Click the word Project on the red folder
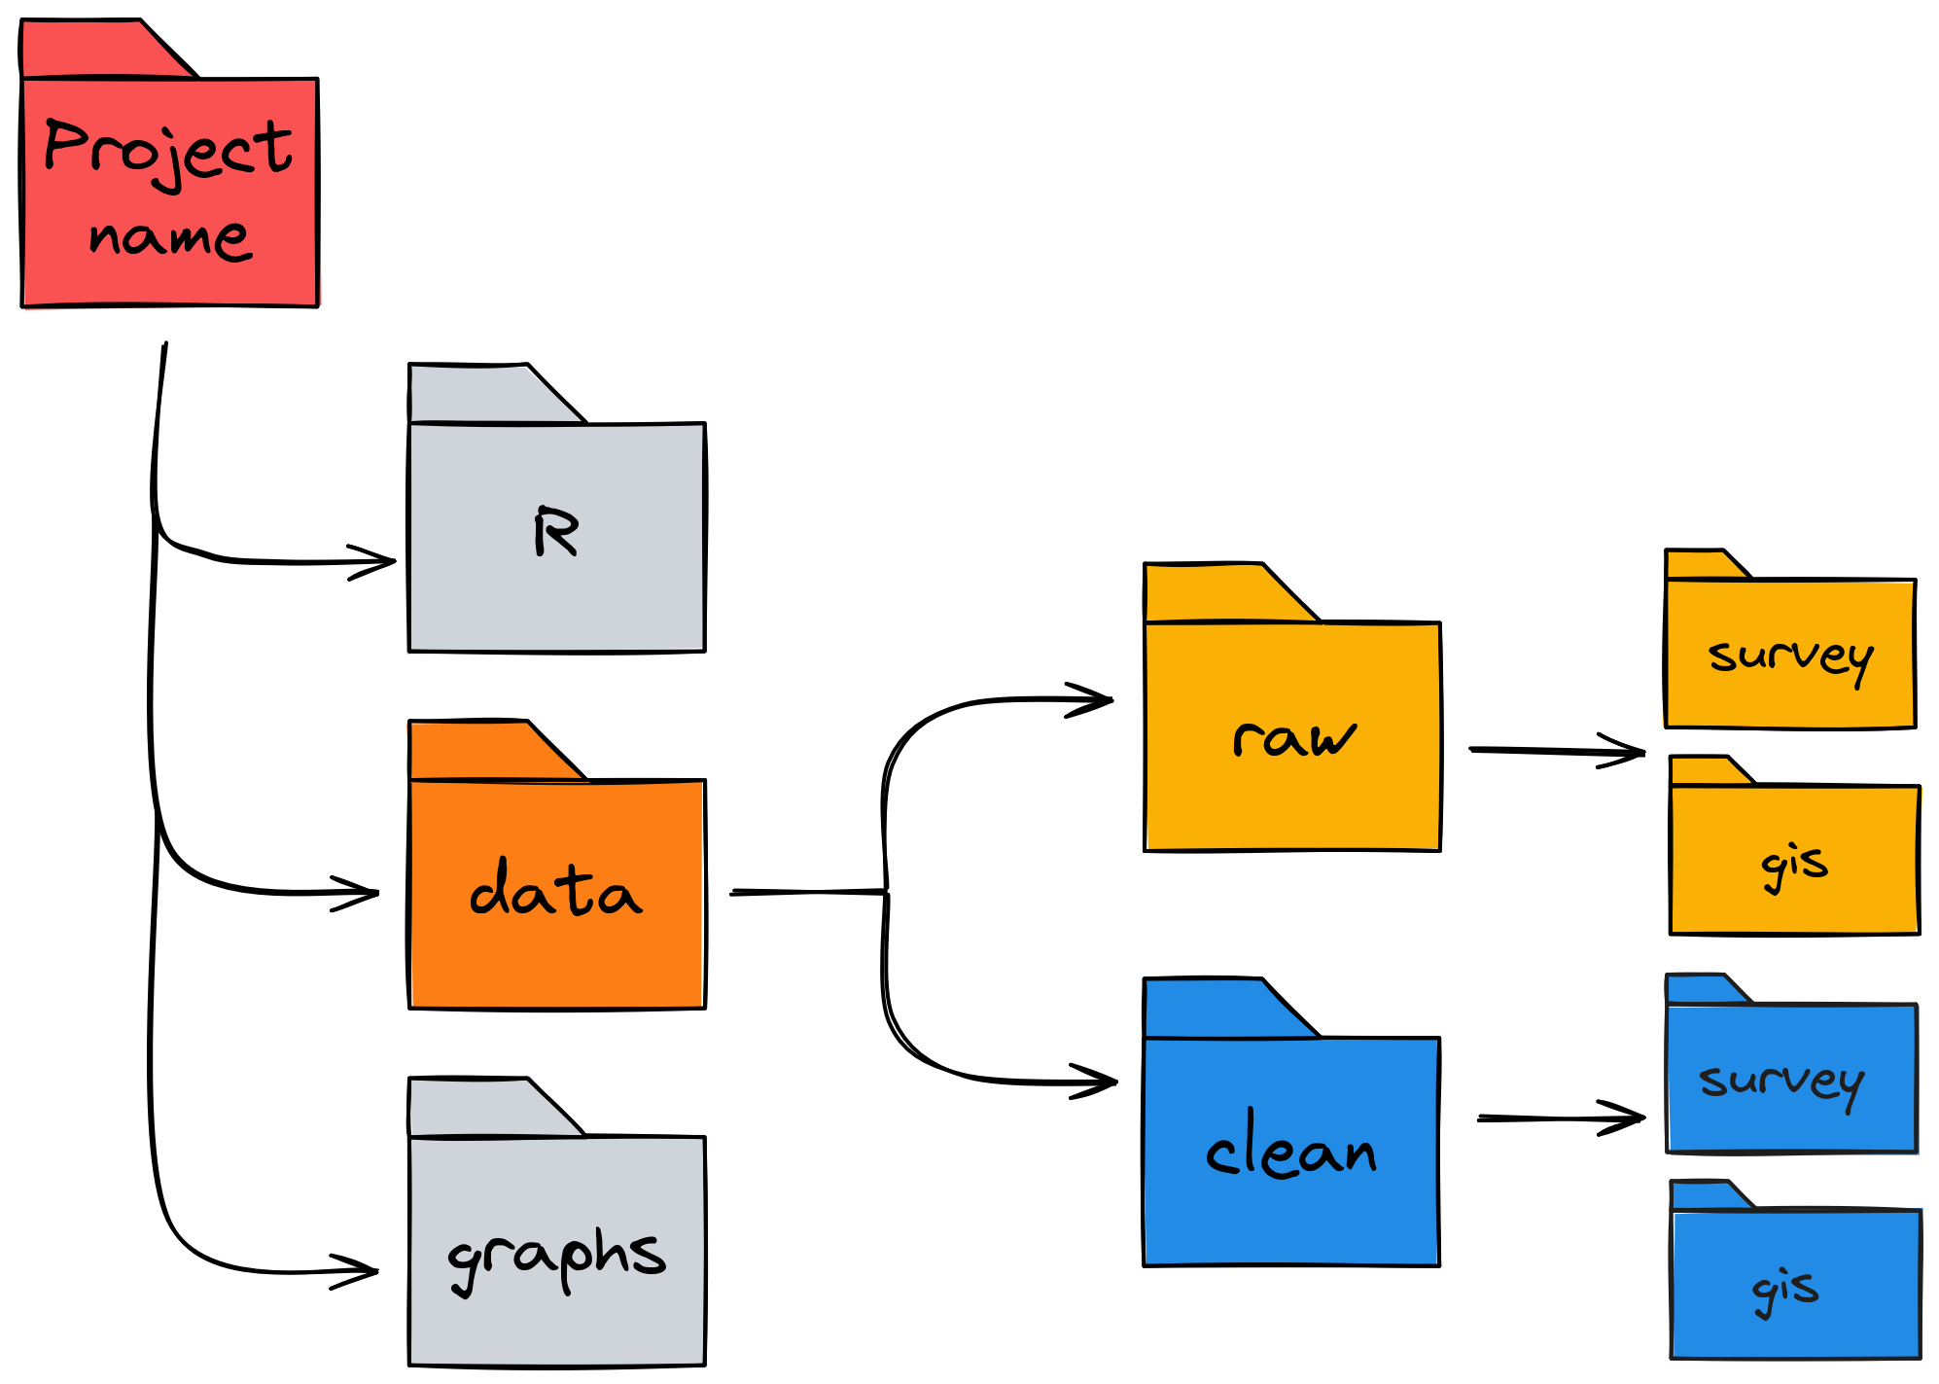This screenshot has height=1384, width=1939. click(x=167, y=151)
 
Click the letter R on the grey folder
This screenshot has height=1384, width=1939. click(x=556, y=532)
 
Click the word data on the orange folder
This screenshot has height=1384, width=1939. click(x=555, y=890)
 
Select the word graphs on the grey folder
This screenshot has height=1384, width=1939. click(x=556, y=1257)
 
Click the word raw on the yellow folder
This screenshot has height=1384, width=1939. click(x=1293, y=739)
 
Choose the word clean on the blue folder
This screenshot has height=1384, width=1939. click(x=1291, y=1150)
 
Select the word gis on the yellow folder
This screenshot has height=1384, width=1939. click(x=1794, y=865)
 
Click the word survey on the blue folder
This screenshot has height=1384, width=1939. click(x=1781, y=1082)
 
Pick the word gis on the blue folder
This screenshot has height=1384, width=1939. click(x=1785, y=1290)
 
